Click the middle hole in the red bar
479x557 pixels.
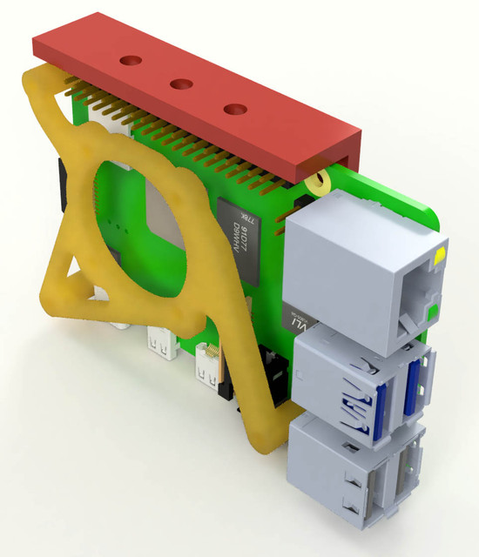tap(181, 84)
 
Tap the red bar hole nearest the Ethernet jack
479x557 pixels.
tap(234, 109)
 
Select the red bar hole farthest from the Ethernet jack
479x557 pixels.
tap(130, 60)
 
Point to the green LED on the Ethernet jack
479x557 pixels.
tap(432, 309)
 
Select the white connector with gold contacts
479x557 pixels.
tap(209, 366)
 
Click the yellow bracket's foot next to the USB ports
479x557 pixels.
tap(266, 435)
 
